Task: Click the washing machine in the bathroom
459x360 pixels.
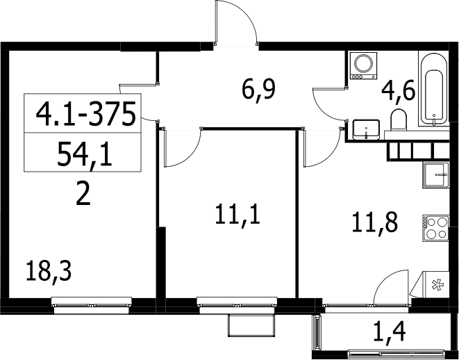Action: [x=363, y=65]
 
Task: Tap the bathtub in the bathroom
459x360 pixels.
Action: [x=434, y=89]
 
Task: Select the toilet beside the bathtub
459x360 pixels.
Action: [x=399, y=120]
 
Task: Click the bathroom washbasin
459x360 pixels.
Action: [x=366, y=129]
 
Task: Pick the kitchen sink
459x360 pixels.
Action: [x=435, y=175]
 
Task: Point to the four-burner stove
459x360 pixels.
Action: [x=435, y=228]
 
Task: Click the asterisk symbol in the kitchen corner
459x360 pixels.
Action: [x=438, y=285]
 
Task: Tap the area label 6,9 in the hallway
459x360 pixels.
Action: [x=259, y=90]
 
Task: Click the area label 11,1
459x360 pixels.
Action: [x=237, y=215]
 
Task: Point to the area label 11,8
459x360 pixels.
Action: [x=375, y=222]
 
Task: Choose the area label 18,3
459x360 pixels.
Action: [x=49, y=271]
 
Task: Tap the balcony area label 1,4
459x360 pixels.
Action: [x=390, y=332]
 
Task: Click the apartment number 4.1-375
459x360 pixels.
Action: [x=86, y=114]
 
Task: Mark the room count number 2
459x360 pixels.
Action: [x=83, y=194]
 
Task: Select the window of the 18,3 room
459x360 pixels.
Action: [x=92, y=305]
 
